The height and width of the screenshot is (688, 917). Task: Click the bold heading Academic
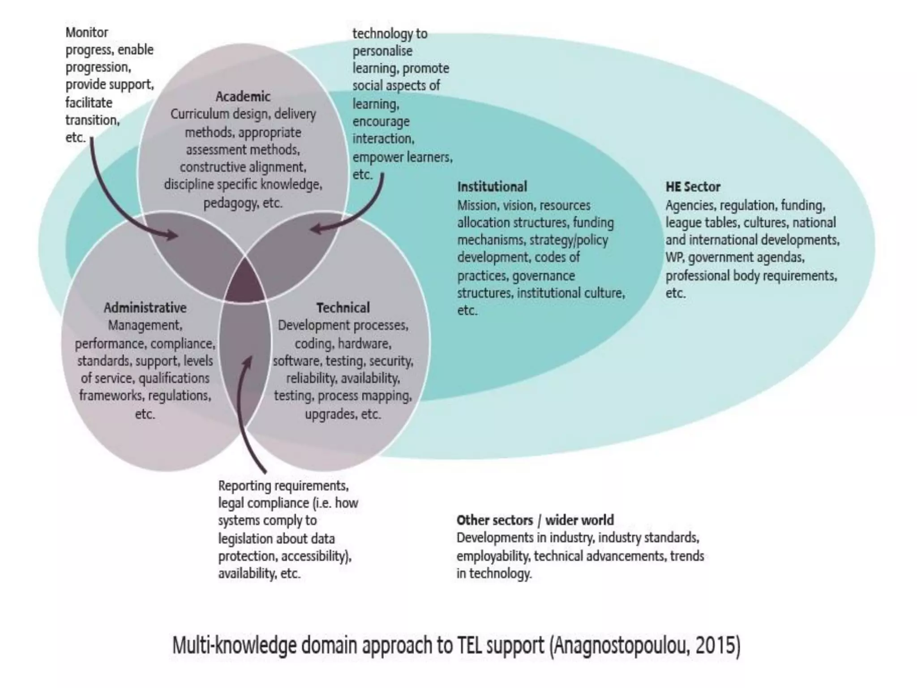[243, 96]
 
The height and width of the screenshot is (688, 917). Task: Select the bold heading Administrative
[145, 308]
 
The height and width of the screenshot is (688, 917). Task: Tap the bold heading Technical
[343, 308]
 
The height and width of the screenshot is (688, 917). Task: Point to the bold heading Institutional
[492, 187]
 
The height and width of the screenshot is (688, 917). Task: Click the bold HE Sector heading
[693, 187]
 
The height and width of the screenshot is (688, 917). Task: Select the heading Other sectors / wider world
[535, 520]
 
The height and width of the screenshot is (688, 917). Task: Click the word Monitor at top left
[87, 33]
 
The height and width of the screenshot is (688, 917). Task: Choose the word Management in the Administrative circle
[145, 325]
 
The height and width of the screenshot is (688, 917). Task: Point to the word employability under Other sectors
[492, 556]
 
